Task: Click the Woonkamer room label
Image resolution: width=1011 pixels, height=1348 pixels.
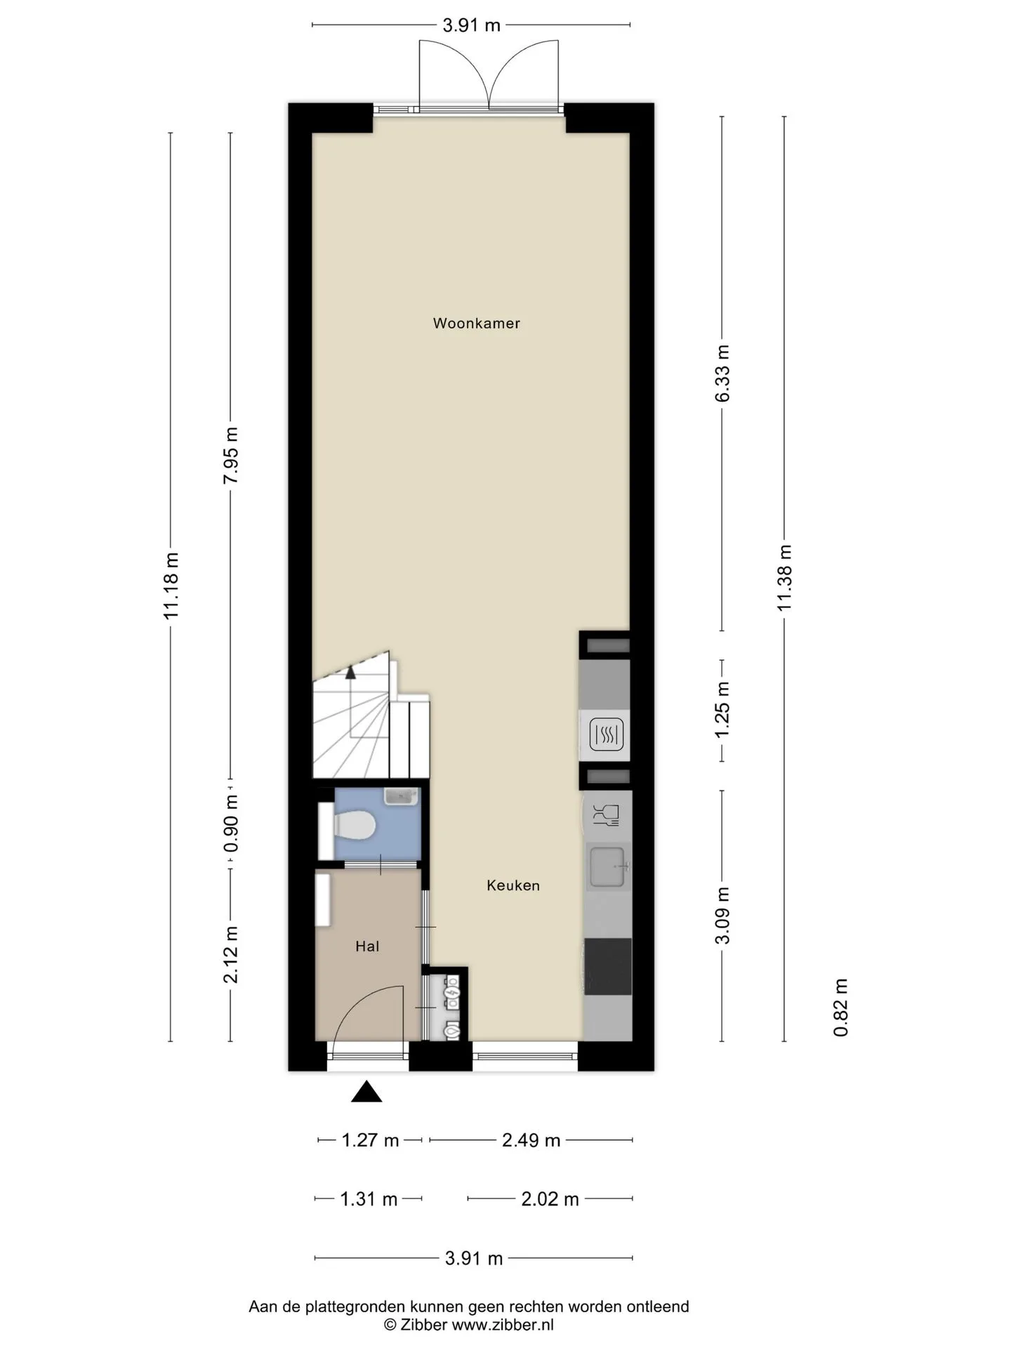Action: point(476,324)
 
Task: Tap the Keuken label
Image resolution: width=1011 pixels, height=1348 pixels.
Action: point(513,885)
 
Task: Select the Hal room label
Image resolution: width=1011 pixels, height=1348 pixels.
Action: point(367,946)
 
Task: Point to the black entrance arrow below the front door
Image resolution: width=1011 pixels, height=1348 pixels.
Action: point(366,1092)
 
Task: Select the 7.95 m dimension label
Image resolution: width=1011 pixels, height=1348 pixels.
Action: point(231,455)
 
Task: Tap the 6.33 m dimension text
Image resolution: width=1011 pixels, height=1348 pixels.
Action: point(722,373)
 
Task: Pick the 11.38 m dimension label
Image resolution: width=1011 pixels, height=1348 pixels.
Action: point(784,578)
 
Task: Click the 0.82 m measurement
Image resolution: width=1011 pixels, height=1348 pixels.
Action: point(841,1007)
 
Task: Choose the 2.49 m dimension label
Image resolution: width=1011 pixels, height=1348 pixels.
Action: point(531,1140)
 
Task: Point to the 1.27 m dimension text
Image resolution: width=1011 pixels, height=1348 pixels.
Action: point(370,1140)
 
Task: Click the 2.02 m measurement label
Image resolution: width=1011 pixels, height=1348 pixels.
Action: point(550,1199)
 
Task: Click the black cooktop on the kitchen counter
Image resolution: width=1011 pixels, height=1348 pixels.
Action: point(608,966)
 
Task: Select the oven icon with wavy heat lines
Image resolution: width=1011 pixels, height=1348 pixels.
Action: point(605,735)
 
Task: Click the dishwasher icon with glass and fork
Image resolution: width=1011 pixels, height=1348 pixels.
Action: point(607,815)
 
